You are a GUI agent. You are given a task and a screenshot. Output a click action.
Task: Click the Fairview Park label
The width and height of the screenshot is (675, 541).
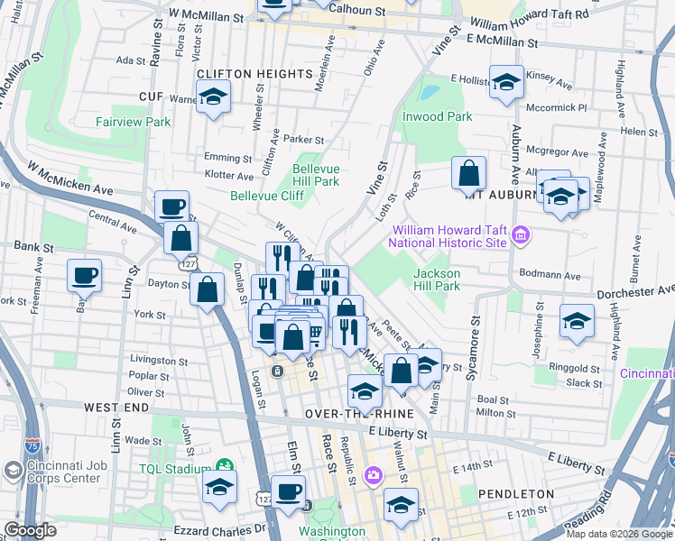click(x=134, y=122)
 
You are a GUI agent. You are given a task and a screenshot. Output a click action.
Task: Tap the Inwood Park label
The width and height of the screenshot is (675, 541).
click(x=438, y=116)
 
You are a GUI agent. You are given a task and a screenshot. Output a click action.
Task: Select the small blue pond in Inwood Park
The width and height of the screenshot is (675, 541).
click(x=429, y=92)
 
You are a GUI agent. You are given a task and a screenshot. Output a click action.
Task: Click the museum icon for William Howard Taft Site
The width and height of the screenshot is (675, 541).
click(x=519, y=236)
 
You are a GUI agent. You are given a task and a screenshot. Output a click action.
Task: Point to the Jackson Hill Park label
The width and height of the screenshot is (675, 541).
click(x=437, y=280)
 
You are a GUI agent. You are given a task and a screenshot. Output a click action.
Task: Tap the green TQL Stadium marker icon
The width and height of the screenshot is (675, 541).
click(x=224, y=467)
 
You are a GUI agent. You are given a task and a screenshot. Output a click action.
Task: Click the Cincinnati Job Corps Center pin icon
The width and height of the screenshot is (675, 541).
click(x=13, y=470)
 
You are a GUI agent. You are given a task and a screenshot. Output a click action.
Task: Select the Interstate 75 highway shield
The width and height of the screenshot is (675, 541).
click(x=32, y=445)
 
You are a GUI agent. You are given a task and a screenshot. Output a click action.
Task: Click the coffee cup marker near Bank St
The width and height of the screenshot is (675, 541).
click(x=84, y=274)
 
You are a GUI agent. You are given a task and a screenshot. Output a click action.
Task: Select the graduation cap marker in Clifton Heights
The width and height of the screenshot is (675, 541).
click(x=213, y=96)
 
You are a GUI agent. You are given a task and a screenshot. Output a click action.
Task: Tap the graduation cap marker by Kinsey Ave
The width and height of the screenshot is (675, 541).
click(x=506, y=81)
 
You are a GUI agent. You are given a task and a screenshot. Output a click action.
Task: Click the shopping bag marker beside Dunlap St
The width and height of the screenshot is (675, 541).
click(x=208, y=289)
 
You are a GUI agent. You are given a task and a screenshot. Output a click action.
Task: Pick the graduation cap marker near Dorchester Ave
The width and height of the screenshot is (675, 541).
click(x=576, y=321)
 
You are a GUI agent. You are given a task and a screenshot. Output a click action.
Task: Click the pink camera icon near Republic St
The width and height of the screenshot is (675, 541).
click(x=373, y=474)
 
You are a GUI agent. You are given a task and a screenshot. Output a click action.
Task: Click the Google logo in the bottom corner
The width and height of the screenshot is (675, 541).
click(x=31, y=530)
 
